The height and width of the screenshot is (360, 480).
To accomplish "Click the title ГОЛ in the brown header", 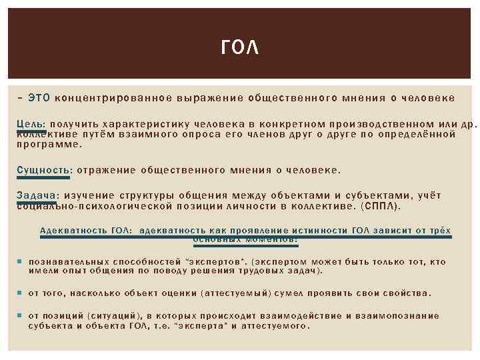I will coord(239,48).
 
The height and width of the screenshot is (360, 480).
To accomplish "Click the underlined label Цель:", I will coord(31,124).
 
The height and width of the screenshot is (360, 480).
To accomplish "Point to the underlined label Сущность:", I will coord(43,170).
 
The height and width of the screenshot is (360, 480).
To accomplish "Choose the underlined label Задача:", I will coord(36,195).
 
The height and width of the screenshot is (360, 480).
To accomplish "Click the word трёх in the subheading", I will coord(441,230).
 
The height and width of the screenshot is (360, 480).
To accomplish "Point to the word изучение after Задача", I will coord(91,195).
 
